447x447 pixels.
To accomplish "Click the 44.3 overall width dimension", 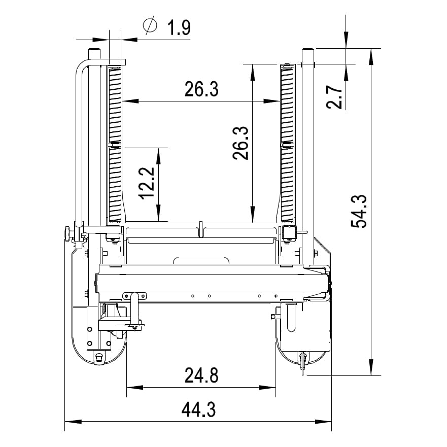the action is click(199, 409).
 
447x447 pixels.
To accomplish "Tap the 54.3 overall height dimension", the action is click(358, 211).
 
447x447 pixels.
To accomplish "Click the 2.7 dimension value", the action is click(334, 97).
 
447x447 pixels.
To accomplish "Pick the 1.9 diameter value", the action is click(179, 28).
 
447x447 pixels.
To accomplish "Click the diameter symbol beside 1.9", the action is click(150, 25).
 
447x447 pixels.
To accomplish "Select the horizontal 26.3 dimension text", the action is click(201, 89).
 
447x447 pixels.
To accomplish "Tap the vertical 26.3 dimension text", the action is click(240, 143).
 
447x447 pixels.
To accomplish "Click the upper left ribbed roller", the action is click(115, 105).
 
